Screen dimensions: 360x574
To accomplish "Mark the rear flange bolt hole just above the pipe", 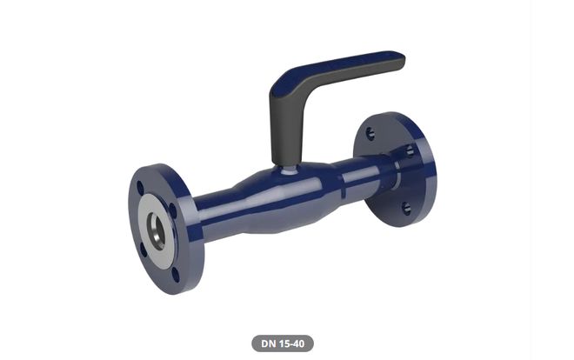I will [x=409, y=150].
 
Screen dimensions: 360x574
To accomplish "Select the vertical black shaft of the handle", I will [x=286, y=130].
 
